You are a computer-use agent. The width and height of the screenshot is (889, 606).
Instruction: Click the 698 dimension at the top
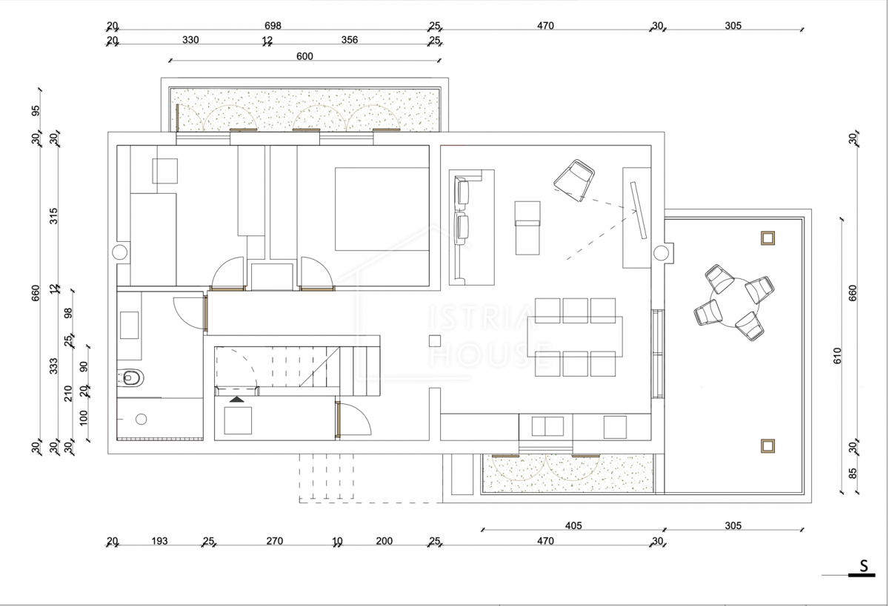click(x=273, y=26)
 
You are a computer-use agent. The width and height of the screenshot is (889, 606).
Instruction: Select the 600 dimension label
click(x=304, y=56)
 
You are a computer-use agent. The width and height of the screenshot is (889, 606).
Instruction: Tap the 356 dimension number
click(x=349, y=40)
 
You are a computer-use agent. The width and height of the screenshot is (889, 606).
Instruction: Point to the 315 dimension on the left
click(x=53, y=216)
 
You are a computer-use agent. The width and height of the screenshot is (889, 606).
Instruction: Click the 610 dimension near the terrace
click(x=837, y=355)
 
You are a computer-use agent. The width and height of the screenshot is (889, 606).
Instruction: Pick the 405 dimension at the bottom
click(x=573, y=525)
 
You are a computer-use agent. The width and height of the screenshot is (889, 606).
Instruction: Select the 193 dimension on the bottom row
click(x=159, y=541)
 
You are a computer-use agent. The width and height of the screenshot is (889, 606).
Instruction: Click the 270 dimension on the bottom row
click(x=274, y=541)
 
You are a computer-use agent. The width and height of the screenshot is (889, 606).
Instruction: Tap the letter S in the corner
click(x=864, y=565)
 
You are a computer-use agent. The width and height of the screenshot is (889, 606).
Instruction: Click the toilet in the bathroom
click(x=130, y=377)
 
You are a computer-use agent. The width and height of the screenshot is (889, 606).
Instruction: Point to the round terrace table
click(x=734, y=303)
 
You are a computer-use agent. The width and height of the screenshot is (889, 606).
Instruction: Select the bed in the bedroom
click(x=382, y=209)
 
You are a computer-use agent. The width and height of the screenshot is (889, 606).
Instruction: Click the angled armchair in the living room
click(x=574, y=180)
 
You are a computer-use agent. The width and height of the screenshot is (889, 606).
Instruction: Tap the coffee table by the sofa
click(x=527, y=228)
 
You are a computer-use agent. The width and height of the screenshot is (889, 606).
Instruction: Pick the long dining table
click(x=575, y=337)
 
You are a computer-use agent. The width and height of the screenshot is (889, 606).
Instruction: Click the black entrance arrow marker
click(x=237, y=399)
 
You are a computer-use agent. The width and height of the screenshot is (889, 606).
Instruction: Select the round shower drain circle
click(x=141, y=419)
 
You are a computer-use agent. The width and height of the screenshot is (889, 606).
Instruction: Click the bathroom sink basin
click(x=130, y=325)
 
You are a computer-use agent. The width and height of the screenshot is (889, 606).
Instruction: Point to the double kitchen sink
click(x=547, y=426)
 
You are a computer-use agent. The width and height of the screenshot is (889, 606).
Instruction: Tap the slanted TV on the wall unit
click(x=638, y=210)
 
